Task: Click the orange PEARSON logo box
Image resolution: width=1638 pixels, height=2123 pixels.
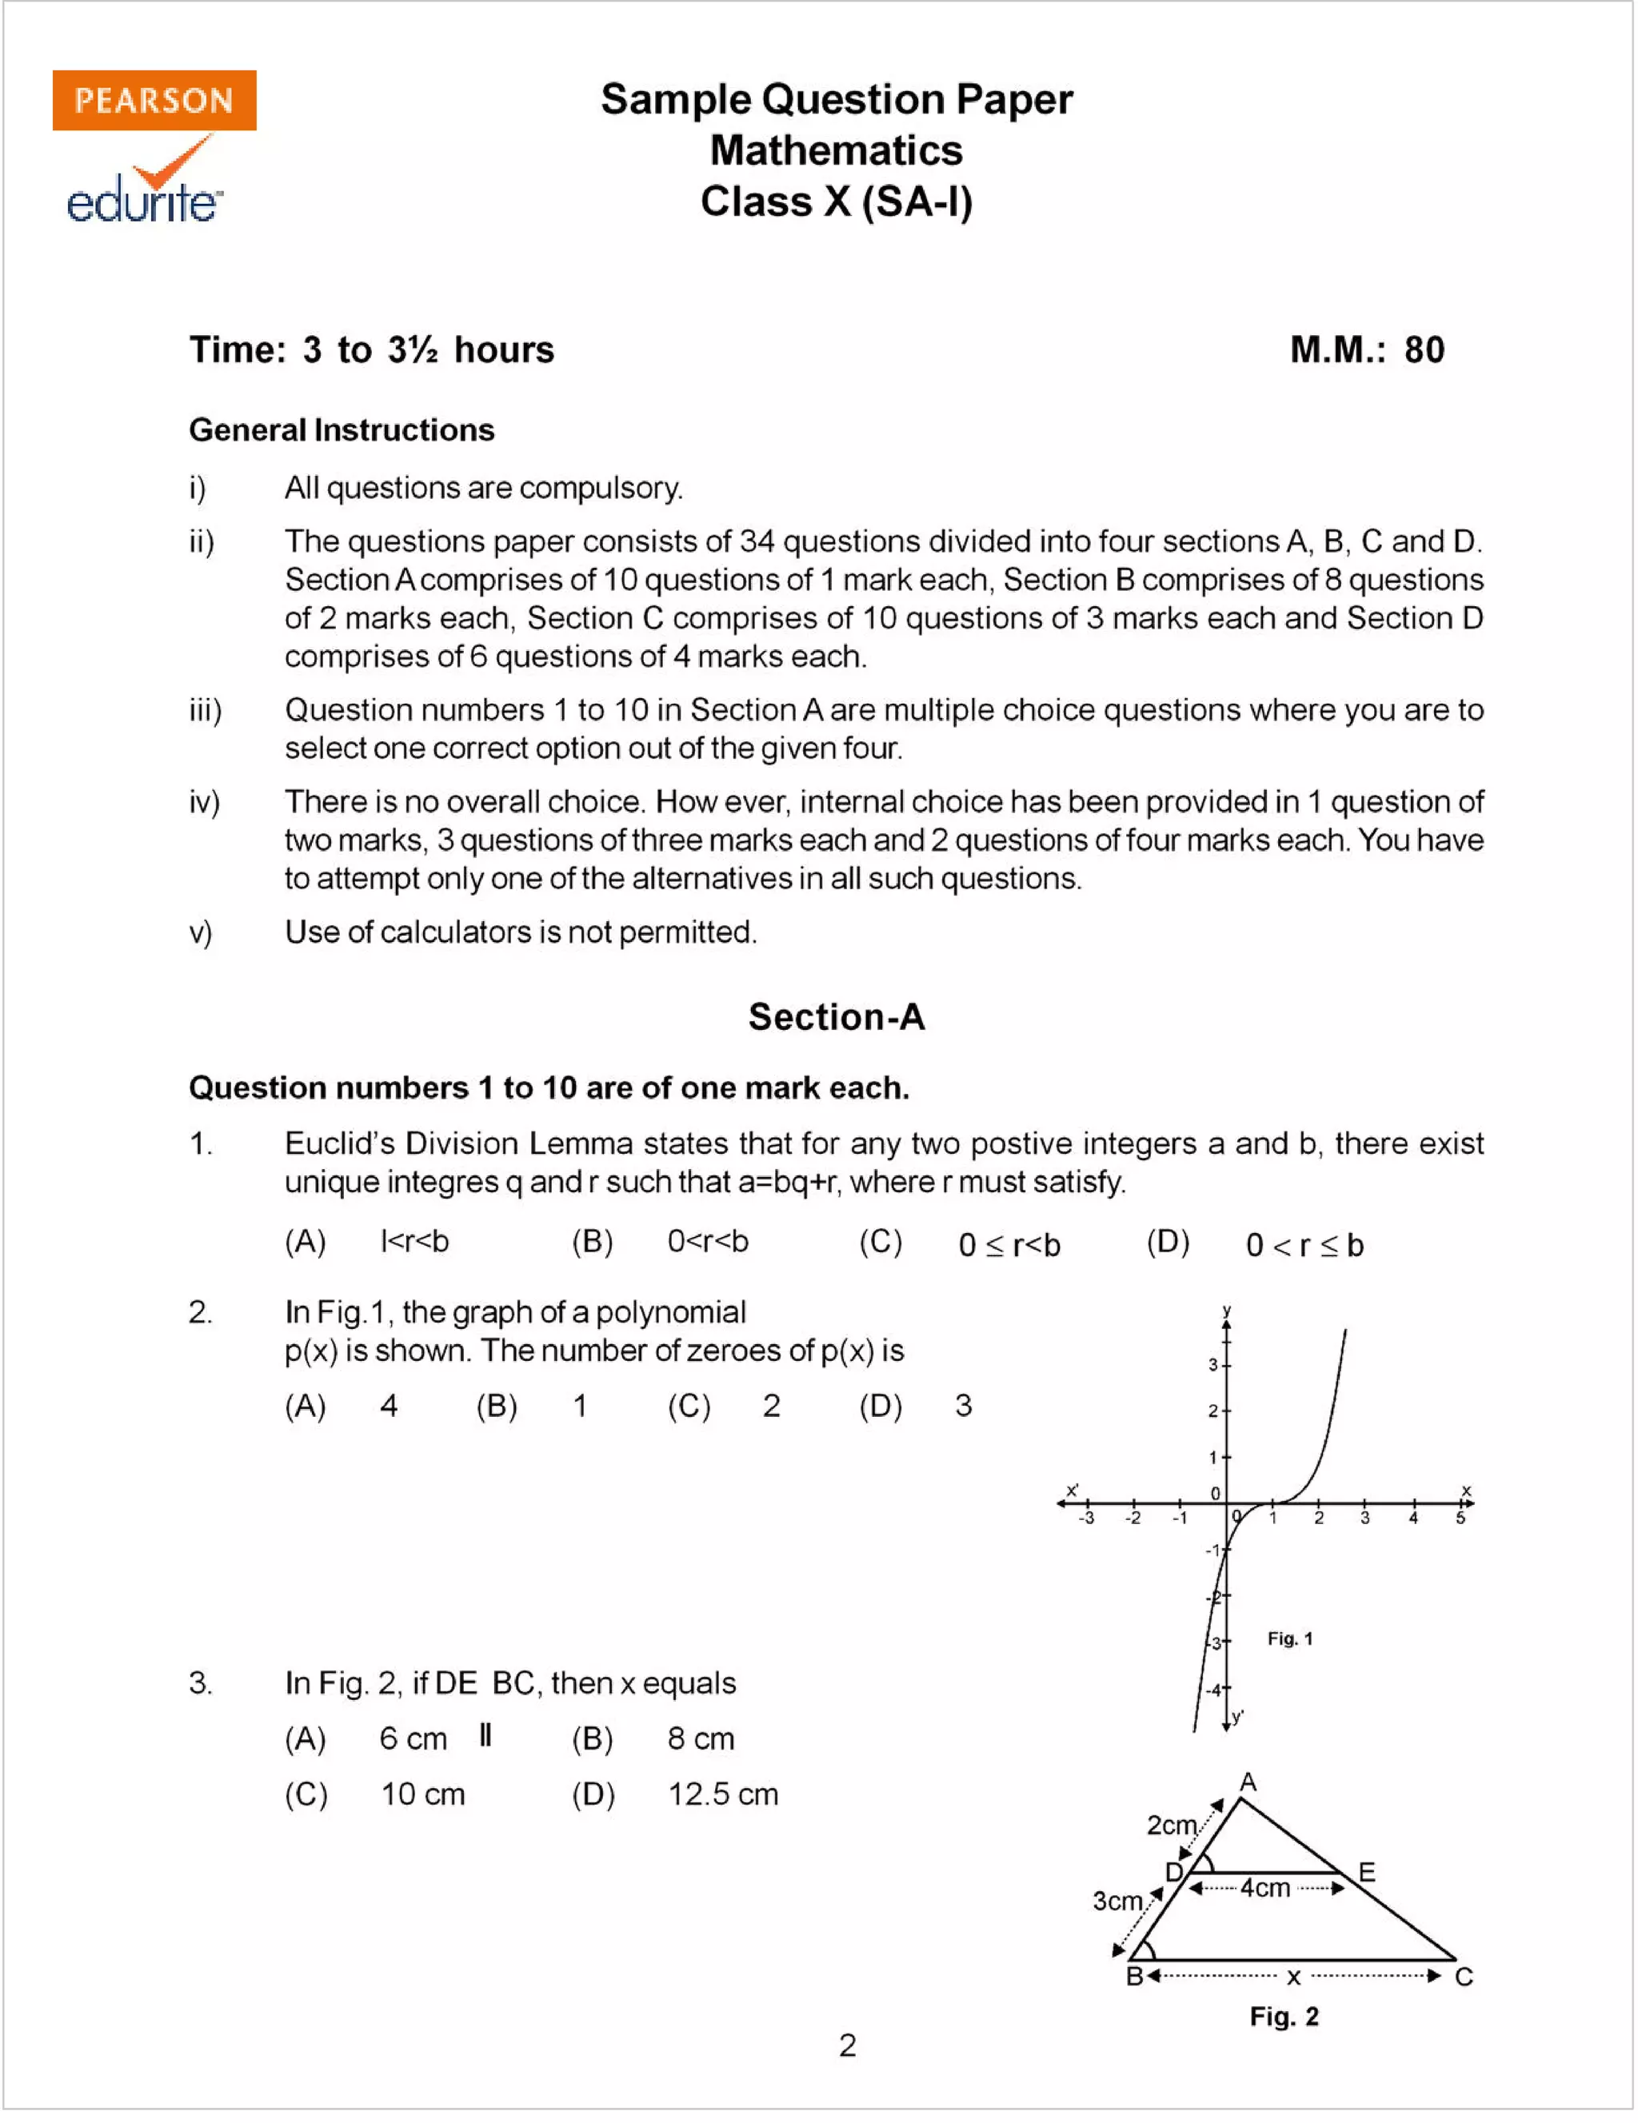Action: pos(154,100)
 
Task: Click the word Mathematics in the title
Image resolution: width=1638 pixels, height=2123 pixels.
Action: pos(836,150)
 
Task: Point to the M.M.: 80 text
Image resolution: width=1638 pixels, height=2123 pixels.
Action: pos(1366,350)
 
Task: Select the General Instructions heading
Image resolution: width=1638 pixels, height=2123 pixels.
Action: pos(342,429)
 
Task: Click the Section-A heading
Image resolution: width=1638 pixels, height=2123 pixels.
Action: pos(836,1017)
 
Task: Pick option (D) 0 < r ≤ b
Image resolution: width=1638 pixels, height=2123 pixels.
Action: pos(1304,1245)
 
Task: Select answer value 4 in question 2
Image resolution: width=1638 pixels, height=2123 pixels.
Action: pos(389,1406)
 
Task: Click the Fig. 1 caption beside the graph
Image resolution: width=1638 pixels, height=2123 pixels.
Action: pos(1289,1639)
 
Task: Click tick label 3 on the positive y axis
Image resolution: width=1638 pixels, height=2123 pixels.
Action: pos(1213,1365)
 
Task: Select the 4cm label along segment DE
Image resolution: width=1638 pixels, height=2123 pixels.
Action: pos(1264,1888)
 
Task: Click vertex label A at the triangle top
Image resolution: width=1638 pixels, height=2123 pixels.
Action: pos(1248,1782)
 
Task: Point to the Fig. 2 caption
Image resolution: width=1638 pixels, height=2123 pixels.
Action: pos(1283,2017)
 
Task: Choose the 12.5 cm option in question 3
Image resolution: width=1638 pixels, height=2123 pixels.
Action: pos(722,1794)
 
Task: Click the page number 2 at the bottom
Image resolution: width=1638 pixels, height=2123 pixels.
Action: pos(847,2045)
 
